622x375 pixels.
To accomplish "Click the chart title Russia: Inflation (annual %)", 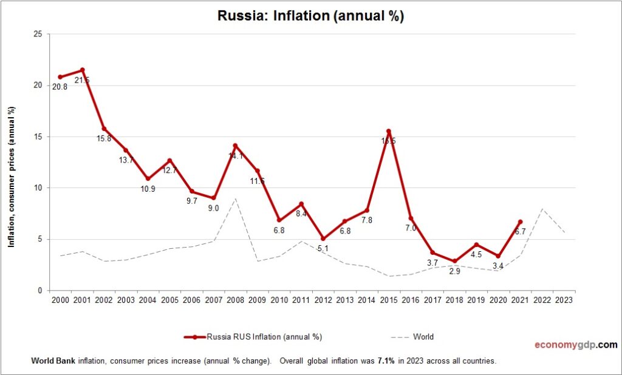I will pyautogui.click(x=310, y=16).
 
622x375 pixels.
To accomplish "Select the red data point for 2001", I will pyautogui.click(x=83, y=70).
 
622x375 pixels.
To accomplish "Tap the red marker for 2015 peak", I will pyautogui.click(x=389, y=131).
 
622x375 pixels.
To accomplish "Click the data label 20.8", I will pyautogui.click(x=60, y=87).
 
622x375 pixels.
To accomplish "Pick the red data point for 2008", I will pyautogui.click(x=236, y=146).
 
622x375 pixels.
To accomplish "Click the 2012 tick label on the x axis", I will pyautogui.click(x=323, y=300).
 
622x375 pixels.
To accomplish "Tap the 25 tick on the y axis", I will pyautogui.click(x=38, y=34).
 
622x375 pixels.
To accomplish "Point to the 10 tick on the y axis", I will pyautogui.click(x=38, y=188).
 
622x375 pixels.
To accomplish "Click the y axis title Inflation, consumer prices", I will pyautogui.click(x=12, y=176).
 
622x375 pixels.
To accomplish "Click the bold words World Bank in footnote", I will pyautogui.click(x=51, y=360).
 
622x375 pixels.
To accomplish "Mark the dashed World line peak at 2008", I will pyautogui.click(x=236, y=198).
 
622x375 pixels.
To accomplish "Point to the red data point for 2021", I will pyautogui.click(x=520, y=221).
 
